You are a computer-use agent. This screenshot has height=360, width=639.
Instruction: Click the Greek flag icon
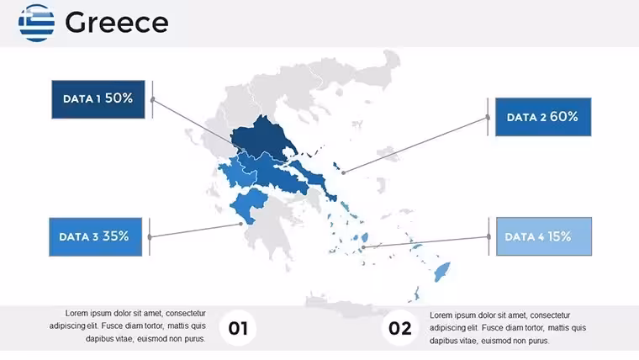tap(36, 23)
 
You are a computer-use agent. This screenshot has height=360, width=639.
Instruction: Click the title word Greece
tap(117, 23)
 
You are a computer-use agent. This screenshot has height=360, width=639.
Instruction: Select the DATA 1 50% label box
tap(98, 99)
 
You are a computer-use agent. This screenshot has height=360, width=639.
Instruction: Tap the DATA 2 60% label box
tap(543, 117)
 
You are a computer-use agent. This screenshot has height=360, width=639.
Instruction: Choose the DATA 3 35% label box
tap(95, 237)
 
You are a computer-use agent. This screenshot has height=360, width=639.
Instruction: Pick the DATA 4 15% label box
tap(544, 236)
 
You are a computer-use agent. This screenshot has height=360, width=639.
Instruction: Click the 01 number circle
tap(238, 328)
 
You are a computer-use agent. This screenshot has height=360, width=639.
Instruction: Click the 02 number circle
tap(399, 328)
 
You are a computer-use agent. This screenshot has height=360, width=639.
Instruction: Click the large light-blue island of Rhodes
tap(441, 272)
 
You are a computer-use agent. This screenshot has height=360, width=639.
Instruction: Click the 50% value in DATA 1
tap(119, 98)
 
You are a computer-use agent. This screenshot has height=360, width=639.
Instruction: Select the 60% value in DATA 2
tap(564, 117)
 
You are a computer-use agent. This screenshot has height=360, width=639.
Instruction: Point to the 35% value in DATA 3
tap(116, 236)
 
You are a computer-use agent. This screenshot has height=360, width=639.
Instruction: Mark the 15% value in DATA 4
tap(559, 236)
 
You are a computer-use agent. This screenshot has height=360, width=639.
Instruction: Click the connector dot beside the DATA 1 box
tap(153, 99)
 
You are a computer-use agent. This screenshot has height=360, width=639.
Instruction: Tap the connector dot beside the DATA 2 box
tap(488, 118)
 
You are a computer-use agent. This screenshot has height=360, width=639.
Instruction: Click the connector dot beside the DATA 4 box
tap(488, 236)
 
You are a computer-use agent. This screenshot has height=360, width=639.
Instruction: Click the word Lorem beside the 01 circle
tap(77, 313)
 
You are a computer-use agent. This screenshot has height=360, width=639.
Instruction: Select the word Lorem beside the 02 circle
tap(441, 315)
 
